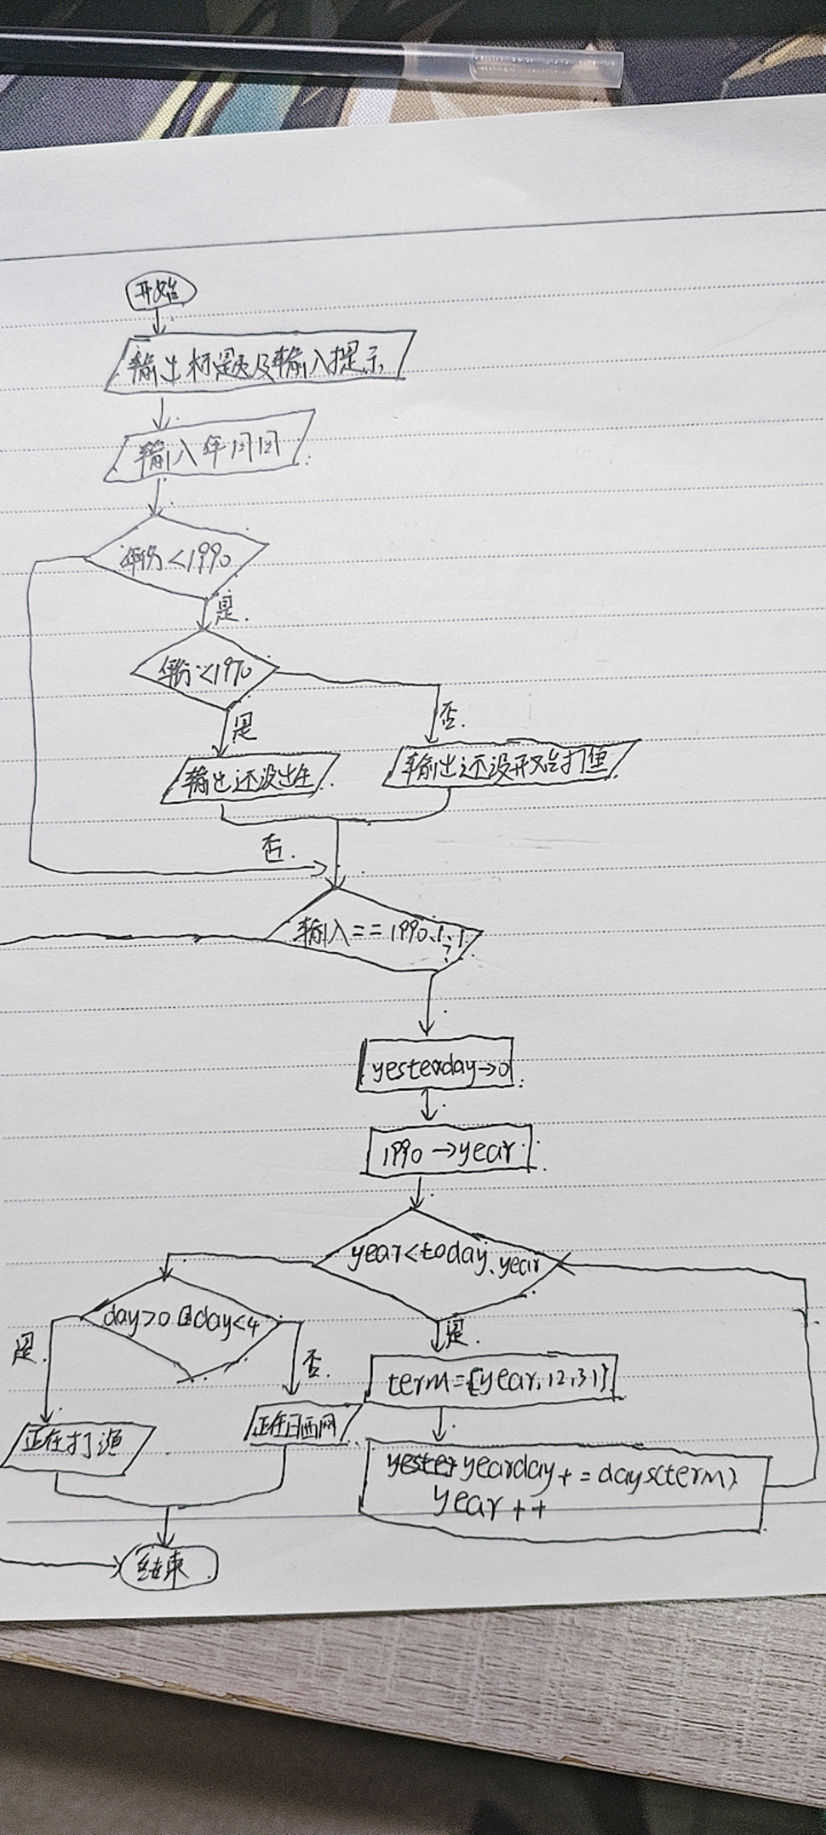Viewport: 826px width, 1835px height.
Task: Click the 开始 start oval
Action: pyautogui.click(x=161, y=292)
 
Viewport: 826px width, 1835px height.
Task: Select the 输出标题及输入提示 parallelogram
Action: pyautogui.click(x=260, y=362)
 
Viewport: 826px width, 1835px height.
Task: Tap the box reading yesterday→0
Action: pyautogui.click(x=435, y=1064)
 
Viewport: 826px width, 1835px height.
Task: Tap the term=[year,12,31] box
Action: pyautogui.click(x=493, y=1380)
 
